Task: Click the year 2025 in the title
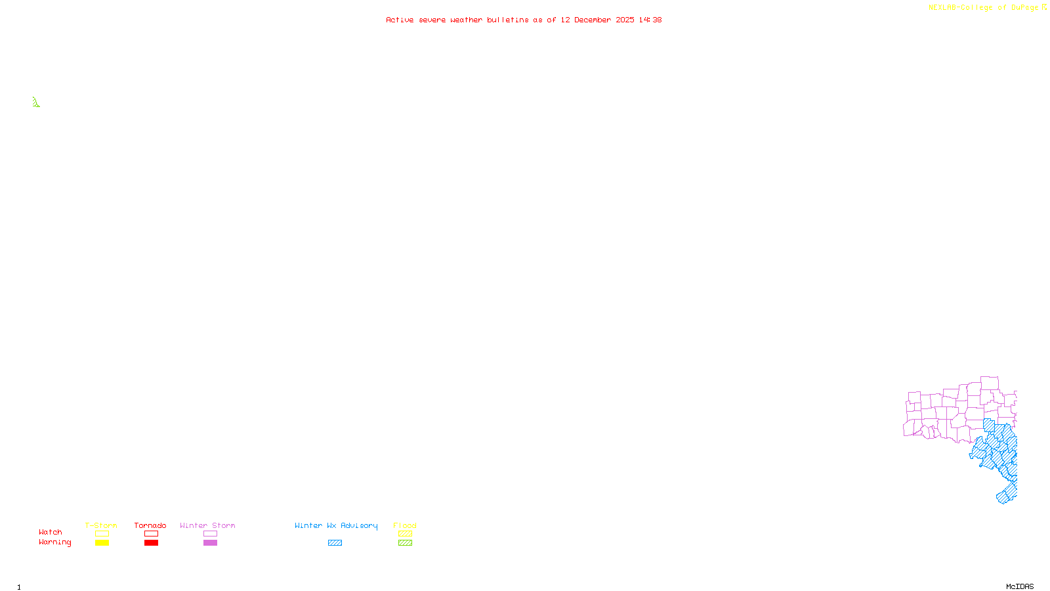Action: pyautogui.click(x=625, y=20)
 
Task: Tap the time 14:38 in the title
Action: pyautogui.click(x=650, y=20)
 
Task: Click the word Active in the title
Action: pyautogui.click(x=400, y=20)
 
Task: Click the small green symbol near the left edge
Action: pyautogui.click(x=36, y=102)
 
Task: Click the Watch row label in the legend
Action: pyautogui.click(x=51, y=532)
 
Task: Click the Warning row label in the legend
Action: pyautogui.click(x=55, y=542)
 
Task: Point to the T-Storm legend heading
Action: pyautogui.click(x=101, y=525)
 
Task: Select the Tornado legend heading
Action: pyautogui.click(x=150, y=525)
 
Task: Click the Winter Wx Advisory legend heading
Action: pyautogui.click(x=336, y=525)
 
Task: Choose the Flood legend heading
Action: pyautogui.click(x=405, y=525)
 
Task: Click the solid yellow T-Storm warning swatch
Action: pyautogui.click(x=102, y=543)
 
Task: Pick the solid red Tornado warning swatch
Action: pyautogui.click(x=151, y=543)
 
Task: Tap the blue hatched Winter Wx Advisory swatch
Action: pyautogui.click(x=335, y=543)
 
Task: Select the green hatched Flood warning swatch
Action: pyautogui.click(x=405, y=543)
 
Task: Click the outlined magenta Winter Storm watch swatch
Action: pyautogui.click(x=210, y=534)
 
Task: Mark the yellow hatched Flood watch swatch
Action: pyautogui.click(x=405, y=534)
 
